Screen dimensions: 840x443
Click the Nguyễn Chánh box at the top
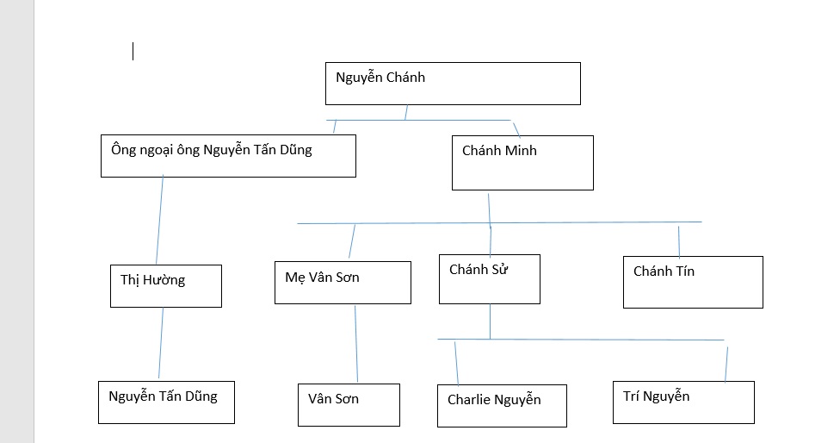(x=453, y=84)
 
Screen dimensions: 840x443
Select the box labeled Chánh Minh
(x=523, y=163)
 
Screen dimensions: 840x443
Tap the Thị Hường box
(x=166, y=286)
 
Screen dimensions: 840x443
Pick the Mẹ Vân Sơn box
(x=343, y=283)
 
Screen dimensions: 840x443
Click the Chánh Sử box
(x=490, y=279)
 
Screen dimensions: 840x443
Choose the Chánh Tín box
(x=693, y=282)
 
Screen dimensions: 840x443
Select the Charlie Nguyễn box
(x=502, y=406)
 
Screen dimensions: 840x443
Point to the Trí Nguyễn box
(x=683, y=402)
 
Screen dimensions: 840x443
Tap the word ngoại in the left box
(x=157, y=150)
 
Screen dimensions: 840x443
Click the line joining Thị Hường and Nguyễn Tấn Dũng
(x=161, y=343)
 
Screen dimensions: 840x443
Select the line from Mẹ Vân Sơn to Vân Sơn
(x=356, y=343)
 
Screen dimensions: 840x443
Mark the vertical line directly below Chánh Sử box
(x=491, y=321)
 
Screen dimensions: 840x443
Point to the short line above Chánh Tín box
(x=679, y=242)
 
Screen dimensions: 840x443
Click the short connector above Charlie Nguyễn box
(x=456, y=363)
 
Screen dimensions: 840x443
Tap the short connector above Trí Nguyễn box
(x=726, y=365)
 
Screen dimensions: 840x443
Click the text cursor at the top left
(x=133, y=52)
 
